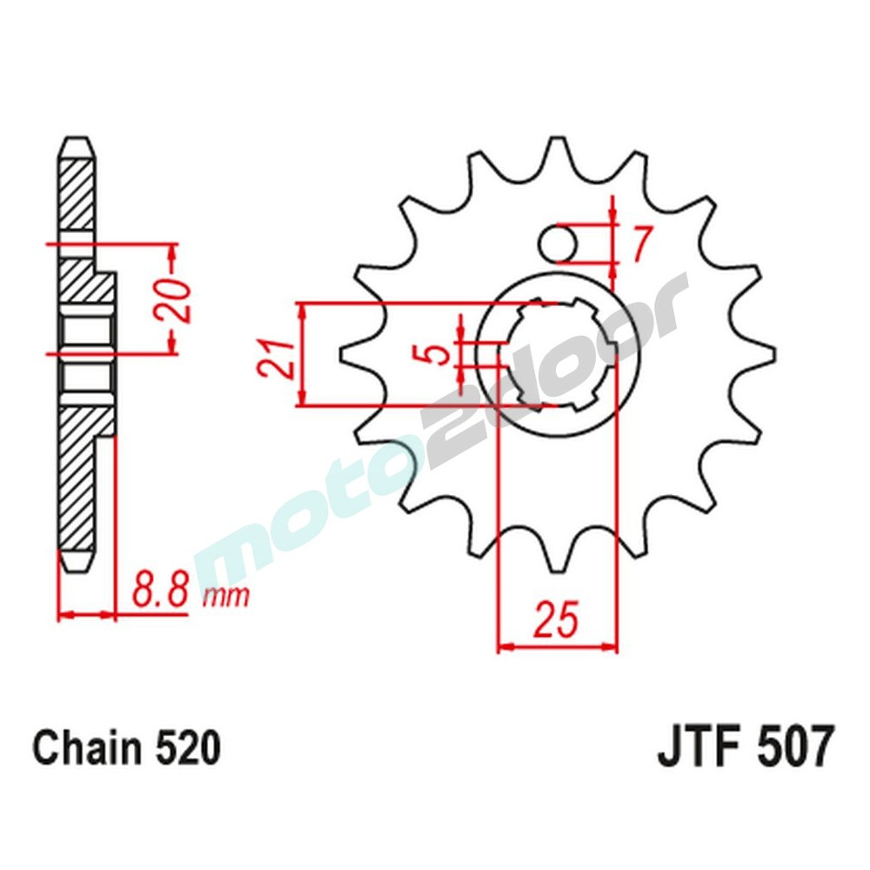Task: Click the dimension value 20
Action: point(179,300)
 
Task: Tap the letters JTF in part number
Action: point(701,747)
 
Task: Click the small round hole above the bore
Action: point(556,244)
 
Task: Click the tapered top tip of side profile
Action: point(76,150)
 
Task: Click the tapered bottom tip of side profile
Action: point(76,561)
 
